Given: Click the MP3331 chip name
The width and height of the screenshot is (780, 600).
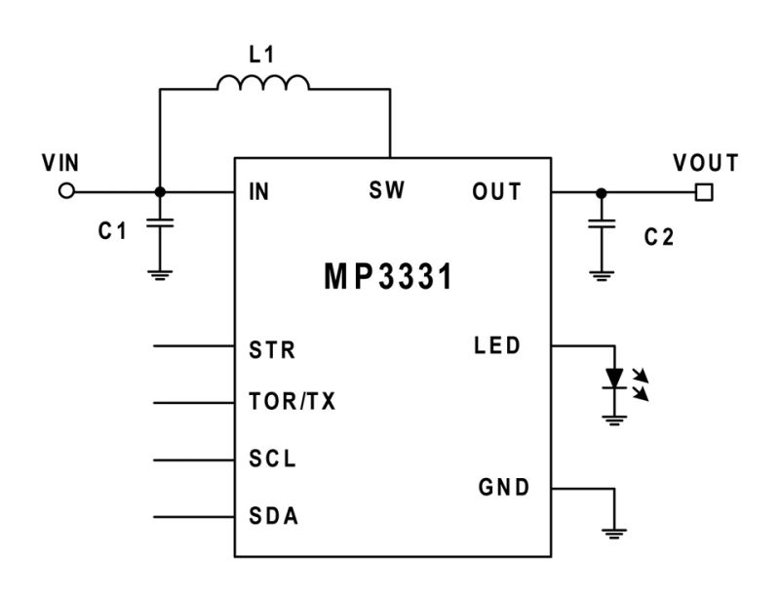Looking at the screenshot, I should (x=389, y=276).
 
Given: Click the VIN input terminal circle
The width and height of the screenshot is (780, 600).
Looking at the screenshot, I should (x=66, y=192).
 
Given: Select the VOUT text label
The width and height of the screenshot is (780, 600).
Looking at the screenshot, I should (x=705, y=162).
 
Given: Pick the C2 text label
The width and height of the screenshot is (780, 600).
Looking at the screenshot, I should (x=660, y=237).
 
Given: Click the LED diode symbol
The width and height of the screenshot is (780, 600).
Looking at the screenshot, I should (x=614, y=378).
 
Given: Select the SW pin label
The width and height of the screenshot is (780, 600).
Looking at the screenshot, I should (x=387, y=190).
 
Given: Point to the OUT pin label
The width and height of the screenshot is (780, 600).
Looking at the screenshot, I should (x=497, y=192).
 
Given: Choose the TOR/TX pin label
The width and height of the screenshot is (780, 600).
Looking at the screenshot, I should (x=293, y=403).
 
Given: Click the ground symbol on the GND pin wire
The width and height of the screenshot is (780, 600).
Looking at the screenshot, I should (x=614, y=533).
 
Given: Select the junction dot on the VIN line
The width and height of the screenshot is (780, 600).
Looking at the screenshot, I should (x=160, y=192).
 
